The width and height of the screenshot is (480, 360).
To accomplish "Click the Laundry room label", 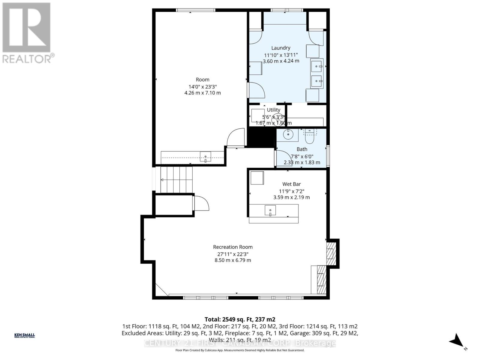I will pos(281,48).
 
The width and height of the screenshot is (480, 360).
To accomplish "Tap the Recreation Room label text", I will pos(233,247).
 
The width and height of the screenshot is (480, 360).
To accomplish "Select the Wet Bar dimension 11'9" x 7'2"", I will pos(291,191).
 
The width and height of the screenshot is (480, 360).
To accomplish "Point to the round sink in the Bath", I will pos(288,134).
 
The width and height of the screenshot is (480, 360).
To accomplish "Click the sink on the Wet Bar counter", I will pos(270,210).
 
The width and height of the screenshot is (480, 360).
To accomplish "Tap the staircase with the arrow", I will pos(176,180).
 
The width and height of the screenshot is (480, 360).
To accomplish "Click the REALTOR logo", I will pos(27,33).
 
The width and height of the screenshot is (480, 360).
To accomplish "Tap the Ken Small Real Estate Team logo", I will pos(25,335).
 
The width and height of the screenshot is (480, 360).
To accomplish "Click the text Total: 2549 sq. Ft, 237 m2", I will pos(240,319).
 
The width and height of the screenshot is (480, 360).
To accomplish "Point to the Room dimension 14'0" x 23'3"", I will pos(202,86).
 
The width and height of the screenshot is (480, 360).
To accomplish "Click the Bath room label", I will pos(302,149).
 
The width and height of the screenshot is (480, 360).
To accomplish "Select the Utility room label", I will pos(273,110).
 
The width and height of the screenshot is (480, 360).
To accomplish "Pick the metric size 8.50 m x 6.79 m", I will pos(233,260).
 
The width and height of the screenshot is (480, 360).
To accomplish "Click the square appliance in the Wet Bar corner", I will pos(257,178).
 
